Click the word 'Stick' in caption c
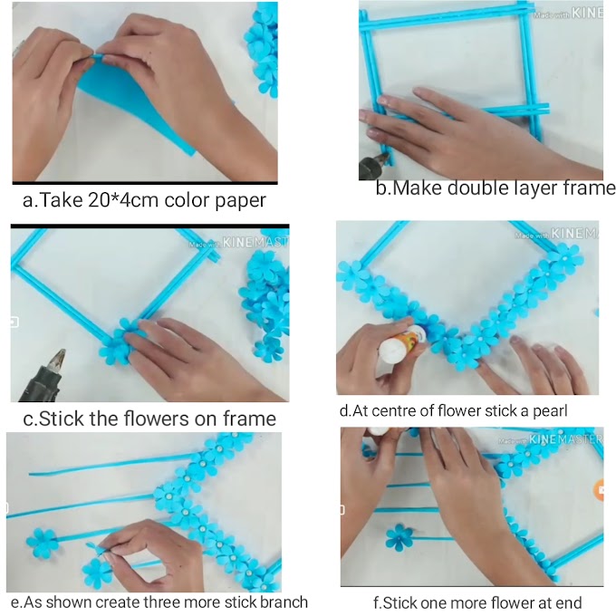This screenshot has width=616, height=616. pyautogui.click(x=62, y=419)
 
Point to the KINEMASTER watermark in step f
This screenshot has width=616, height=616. pyautogui.click(x=551, y=439)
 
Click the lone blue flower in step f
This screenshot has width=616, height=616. pyautogui.click(x=399, y=537)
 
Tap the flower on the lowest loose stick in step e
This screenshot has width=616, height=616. pyautogui.click(x=97, y=573)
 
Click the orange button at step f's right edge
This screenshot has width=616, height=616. pyautogui.click(x=599, y=490)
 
